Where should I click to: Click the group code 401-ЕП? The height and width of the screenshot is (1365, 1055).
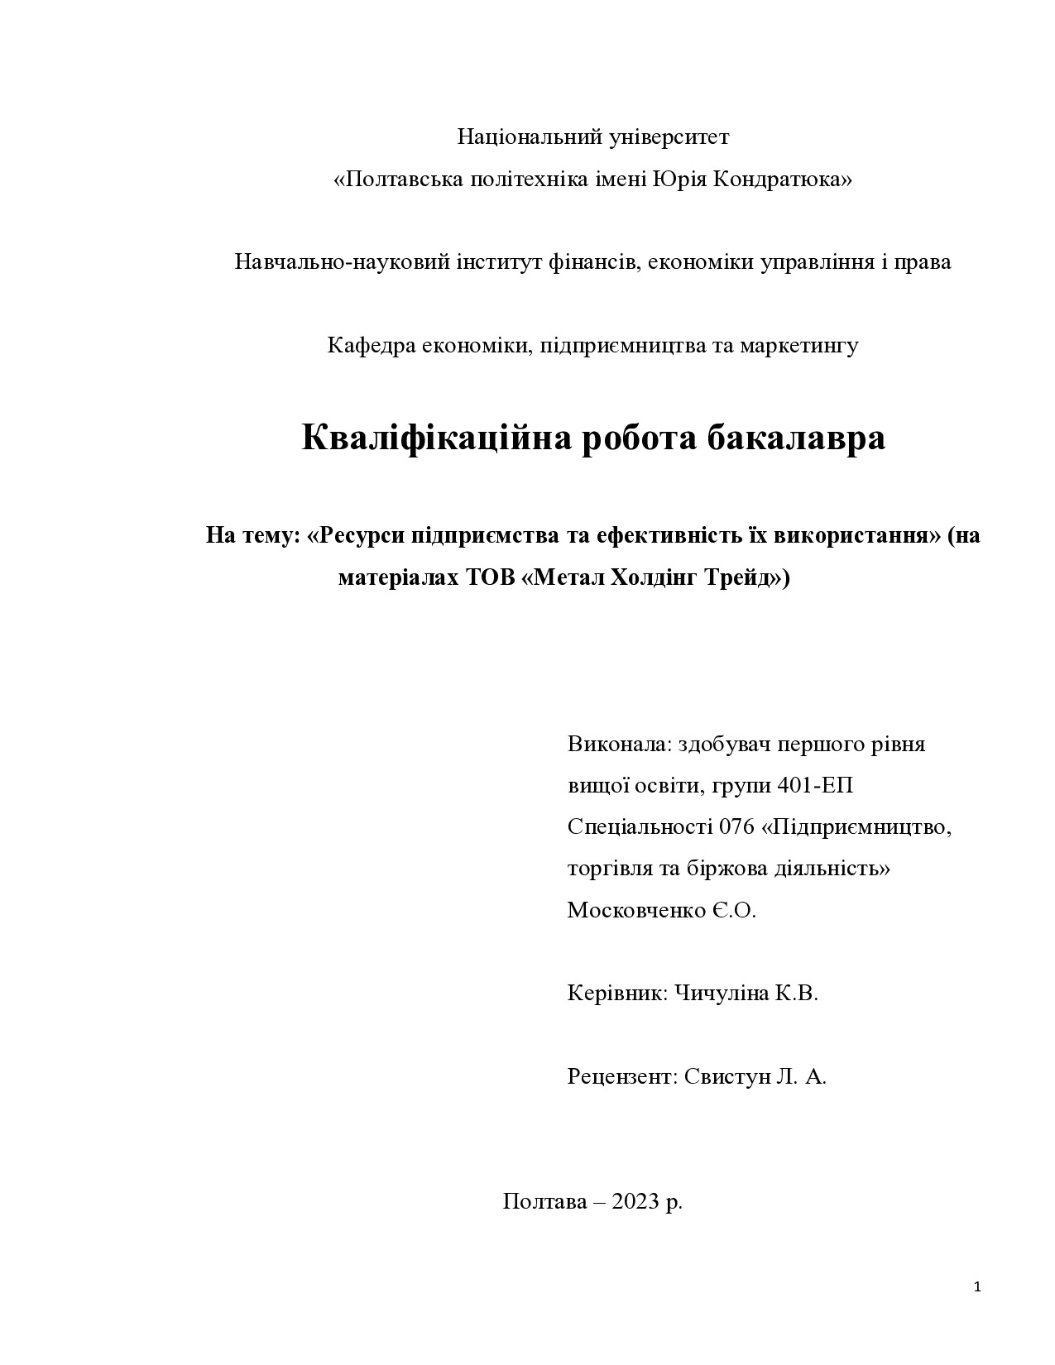click(x=815, y=785)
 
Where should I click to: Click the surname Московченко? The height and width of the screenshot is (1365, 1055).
click(x=635, y=911)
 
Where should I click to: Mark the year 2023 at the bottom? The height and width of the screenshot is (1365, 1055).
click(x=635, y=1201)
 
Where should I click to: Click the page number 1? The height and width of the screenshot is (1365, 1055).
click(x=977, y=1287)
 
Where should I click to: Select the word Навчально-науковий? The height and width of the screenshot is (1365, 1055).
click(x=339, y=262)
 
